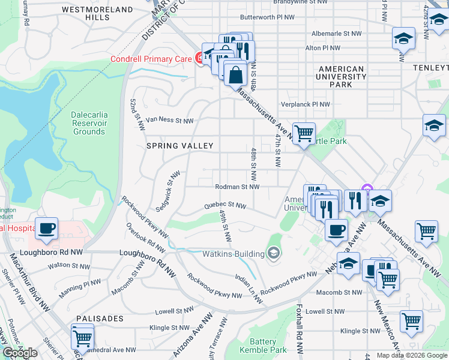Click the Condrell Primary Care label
[151, 58]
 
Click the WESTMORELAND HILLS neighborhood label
[97, 14]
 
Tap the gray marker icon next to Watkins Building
[274, 253]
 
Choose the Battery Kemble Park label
[263, 345]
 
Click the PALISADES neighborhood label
[100, 318]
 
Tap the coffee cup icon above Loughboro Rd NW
[46, 228]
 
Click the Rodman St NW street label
[237, 187]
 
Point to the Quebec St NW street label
[225, 205]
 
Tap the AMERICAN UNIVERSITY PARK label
[341, 77]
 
